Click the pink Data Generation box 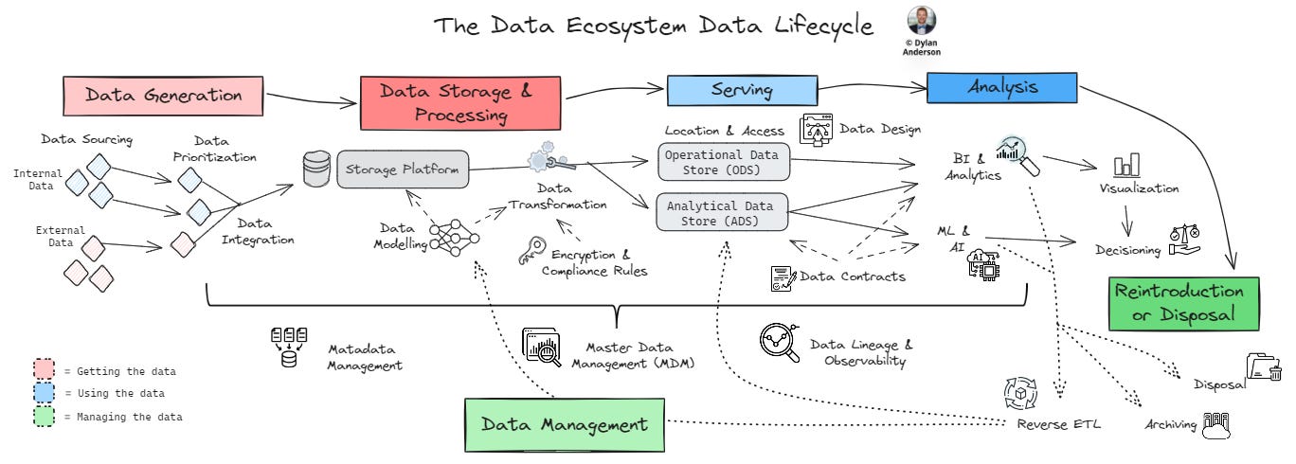[x=164, y=95]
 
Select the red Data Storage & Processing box [x=457, y=103]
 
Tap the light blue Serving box [x=742, y=90]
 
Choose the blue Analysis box [x=1001, y=87]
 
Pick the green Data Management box [x=563, y=424]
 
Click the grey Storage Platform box [x=403, y=170]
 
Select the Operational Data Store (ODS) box [x=723, y=162]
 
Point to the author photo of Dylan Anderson [x=920, y=20]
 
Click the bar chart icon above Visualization [x=1127, y=166]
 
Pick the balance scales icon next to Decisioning [x=1184, y=241]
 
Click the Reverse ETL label [x=1058, y=423]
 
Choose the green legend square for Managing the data [x=45, y=416]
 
